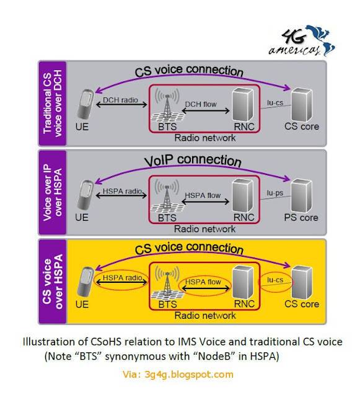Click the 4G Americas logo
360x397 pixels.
302,40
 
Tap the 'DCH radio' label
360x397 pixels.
120,100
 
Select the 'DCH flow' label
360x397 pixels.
201,104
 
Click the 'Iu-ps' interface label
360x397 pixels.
275,193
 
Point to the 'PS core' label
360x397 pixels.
301,218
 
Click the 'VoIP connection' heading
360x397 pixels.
193,161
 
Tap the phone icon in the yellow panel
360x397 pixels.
86,281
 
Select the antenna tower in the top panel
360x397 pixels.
167,104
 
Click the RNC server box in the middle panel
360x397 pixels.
243,195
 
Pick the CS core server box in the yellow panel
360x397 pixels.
302,282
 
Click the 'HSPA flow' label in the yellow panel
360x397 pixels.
203,282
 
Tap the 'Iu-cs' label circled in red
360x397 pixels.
275,280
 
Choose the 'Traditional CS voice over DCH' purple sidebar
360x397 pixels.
53,104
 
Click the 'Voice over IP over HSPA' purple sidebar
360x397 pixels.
53,193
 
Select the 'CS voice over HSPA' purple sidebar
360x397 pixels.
53,281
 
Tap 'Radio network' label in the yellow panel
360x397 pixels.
205,316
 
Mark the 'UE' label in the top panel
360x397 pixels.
82,127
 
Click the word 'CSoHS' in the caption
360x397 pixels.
106,342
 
